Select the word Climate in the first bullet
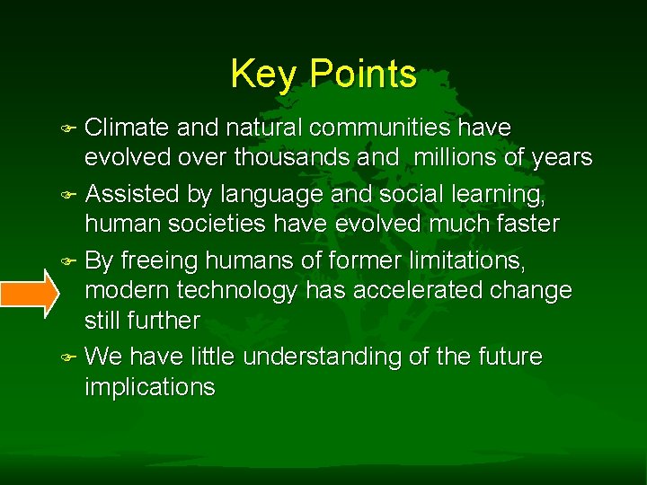[131, 128]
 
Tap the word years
[560, 158]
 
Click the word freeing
[159, 260]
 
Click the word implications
[150, 388]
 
